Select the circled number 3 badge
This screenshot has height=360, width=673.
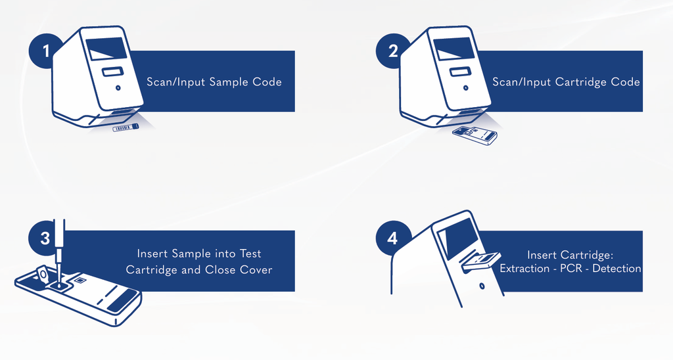click(x=44, y=238)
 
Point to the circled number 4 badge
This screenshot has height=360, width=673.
click(x=392, y=238)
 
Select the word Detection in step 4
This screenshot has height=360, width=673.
click(x=616, y=269)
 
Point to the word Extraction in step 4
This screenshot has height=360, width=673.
click(x=524, y=269)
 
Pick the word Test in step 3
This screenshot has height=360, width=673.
click(x=250, y=254)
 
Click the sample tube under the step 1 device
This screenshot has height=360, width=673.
click(x=126, y=127)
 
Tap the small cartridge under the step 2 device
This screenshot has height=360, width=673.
click(x=475, y=135)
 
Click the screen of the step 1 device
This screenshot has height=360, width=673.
click(x=106, y=49)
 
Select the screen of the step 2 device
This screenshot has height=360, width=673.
click(x=454, y=49)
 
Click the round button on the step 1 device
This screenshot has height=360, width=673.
click(x=118, y=87)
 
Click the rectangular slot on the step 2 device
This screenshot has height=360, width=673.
click(x=460, y=72)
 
